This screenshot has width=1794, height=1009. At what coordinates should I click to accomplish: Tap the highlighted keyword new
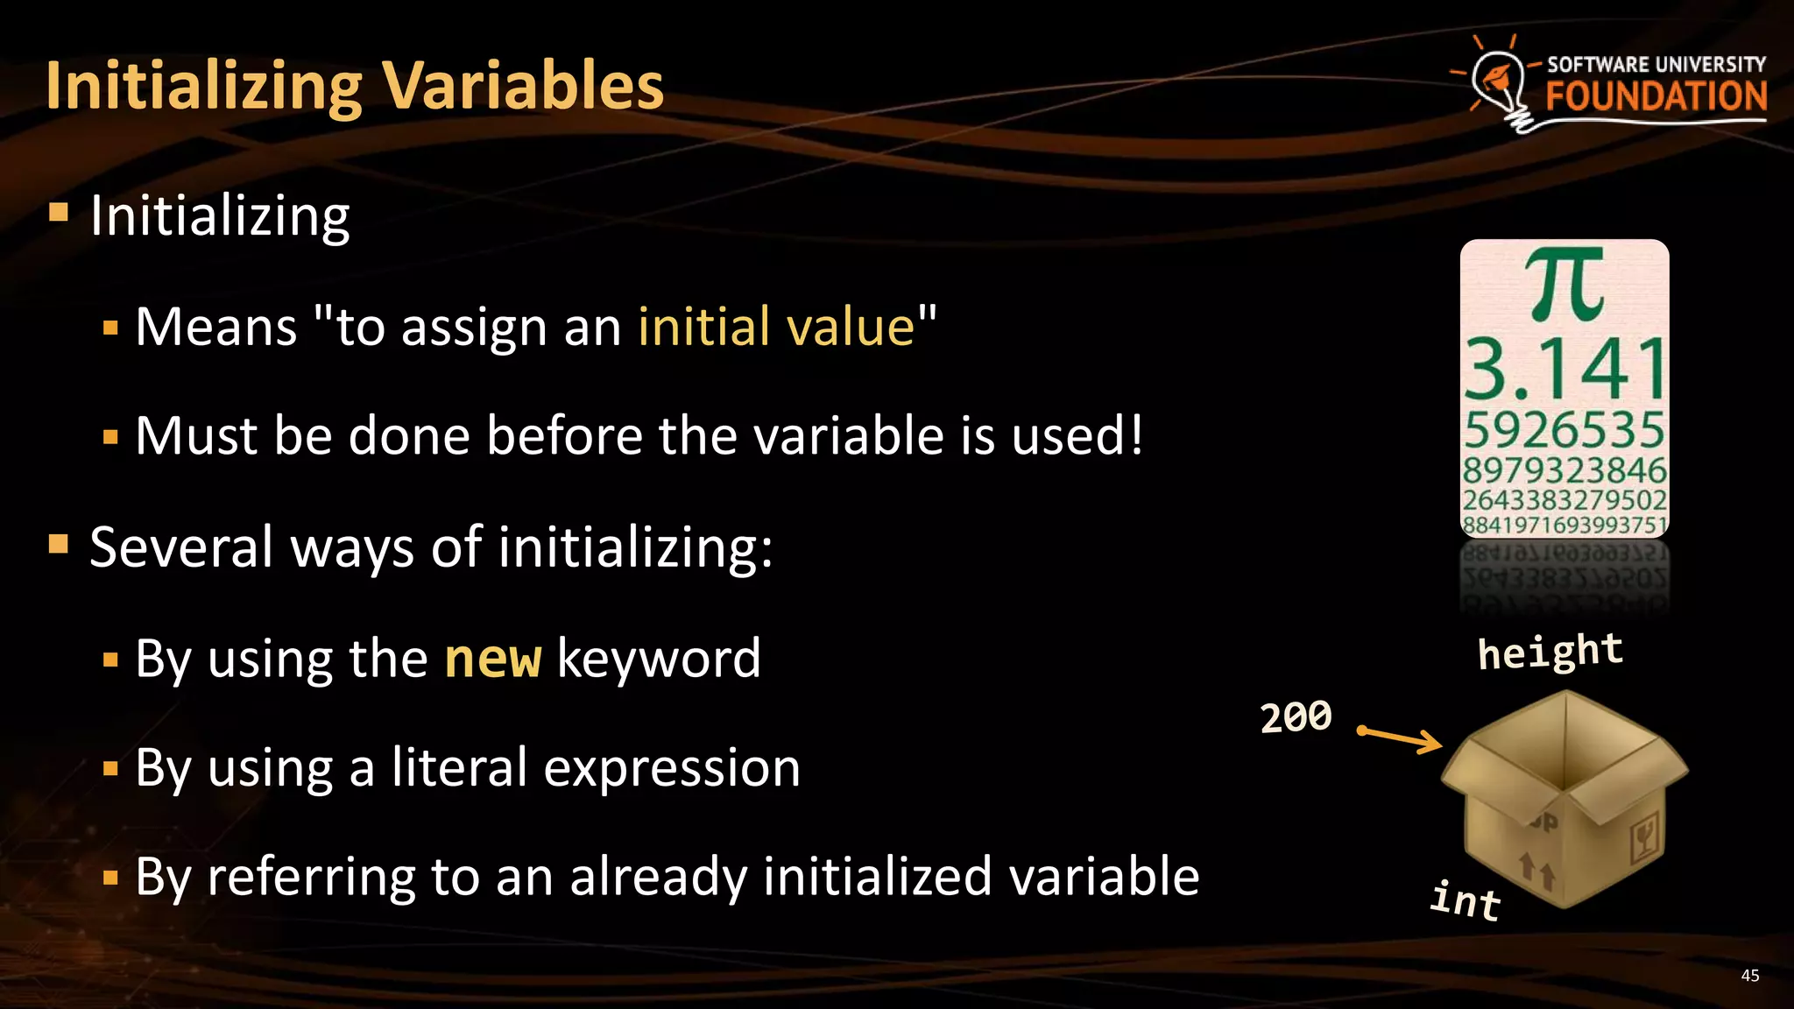493,659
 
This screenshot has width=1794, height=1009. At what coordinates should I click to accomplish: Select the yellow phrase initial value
776,327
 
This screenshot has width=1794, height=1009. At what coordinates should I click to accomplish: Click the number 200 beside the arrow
1296,716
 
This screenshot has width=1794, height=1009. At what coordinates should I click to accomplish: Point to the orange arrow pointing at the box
1399,737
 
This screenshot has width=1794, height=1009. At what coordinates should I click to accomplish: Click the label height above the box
1550,652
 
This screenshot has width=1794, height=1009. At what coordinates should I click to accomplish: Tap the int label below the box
1466,900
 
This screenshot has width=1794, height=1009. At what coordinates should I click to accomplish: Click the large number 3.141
1564,370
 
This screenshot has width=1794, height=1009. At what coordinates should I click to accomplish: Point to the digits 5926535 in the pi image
1564,430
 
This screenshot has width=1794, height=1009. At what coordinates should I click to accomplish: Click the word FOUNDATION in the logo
1656,96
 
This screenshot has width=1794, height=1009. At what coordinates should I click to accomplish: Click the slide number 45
1749,976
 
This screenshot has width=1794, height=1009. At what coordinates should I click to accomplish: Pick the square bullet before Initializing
59,213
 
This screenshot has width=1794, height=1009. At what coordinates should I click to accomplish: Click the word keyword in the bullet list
659,659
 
